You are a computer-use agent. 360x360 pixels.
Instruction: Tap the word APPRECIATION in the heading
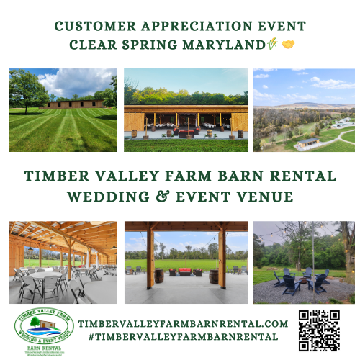pyautogui.click(x=186, y=27)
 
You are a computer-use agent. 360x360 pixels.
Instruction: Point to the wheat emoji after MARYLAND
pyautogui.click(x=272, y=45)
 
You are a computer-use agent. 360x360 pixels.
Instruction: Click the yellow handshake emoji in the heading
pyautogui.click(x=289, y=45)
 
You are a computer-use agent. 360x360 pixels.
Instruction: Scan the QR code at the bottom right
pyautogui.click(x=319, y=330)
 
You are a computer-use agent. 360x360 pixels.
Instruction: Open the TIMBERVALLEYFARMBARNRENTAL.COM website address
pyautogui.click(x=183, y=325)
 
